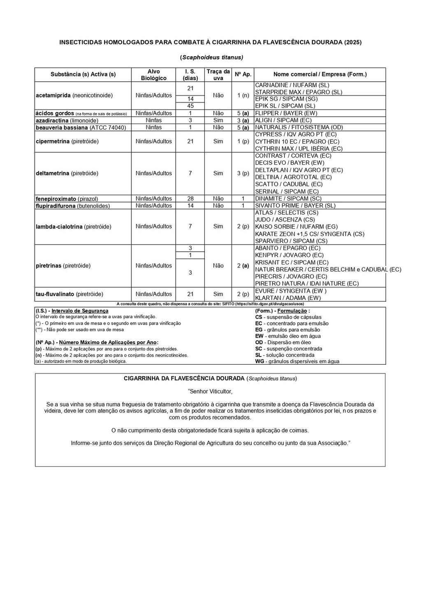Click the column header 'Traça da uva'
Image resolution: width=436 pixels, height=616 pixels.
(x=218, y=74)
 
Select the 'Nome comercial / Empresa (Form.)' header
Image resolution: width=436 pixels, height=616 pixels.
(x=320, y=74)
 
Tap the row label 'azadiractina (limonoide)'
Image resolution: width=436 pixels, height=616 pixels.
(x=67, y=120)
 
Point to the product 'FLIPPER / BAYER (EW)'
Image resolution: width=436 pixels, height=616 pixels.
(x=286, y=113)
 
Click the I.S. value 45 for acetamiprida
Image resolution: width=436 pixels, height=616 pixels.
(x=190, y=106)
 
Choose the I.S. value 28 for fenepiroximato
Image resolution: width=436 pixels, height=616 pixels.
(x=190, y=198)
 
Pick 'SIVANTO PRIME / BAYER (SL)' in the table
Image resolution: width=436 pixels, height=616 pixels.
(x=295, y=205)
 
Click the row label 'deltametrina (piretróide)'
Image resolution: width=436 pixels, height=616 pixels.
(x=67, y=173)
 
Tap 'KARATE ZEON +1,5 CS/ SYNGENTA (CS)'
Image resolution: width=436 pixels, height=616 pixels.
(x=309, y=234)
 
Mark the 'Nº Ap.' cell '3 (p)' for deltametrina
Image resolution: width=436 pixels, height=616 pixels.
(x=243, y=173)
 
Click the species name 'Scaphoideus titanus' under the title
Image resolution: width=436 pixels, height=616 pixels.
(x=211, y=57)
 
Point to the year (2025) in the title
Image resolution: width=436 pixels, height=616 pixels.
(x=353, y=42)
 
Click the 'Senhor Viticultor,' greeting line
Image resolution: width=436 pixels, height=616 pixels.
(x=211, y=391)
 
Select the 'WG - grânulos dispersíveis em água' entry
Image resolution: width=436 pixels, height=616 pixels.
(x=297, y=361)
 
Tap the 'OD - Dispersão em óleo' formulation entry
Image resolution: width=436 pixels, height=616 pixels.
(x=283, y=342)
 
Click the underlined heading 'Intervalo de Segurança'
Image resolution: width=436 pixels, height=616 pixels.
(x=80, y=311)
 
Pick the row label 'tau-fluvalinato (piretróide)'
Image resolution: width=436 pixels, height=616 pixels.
(x=69, y=294)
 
